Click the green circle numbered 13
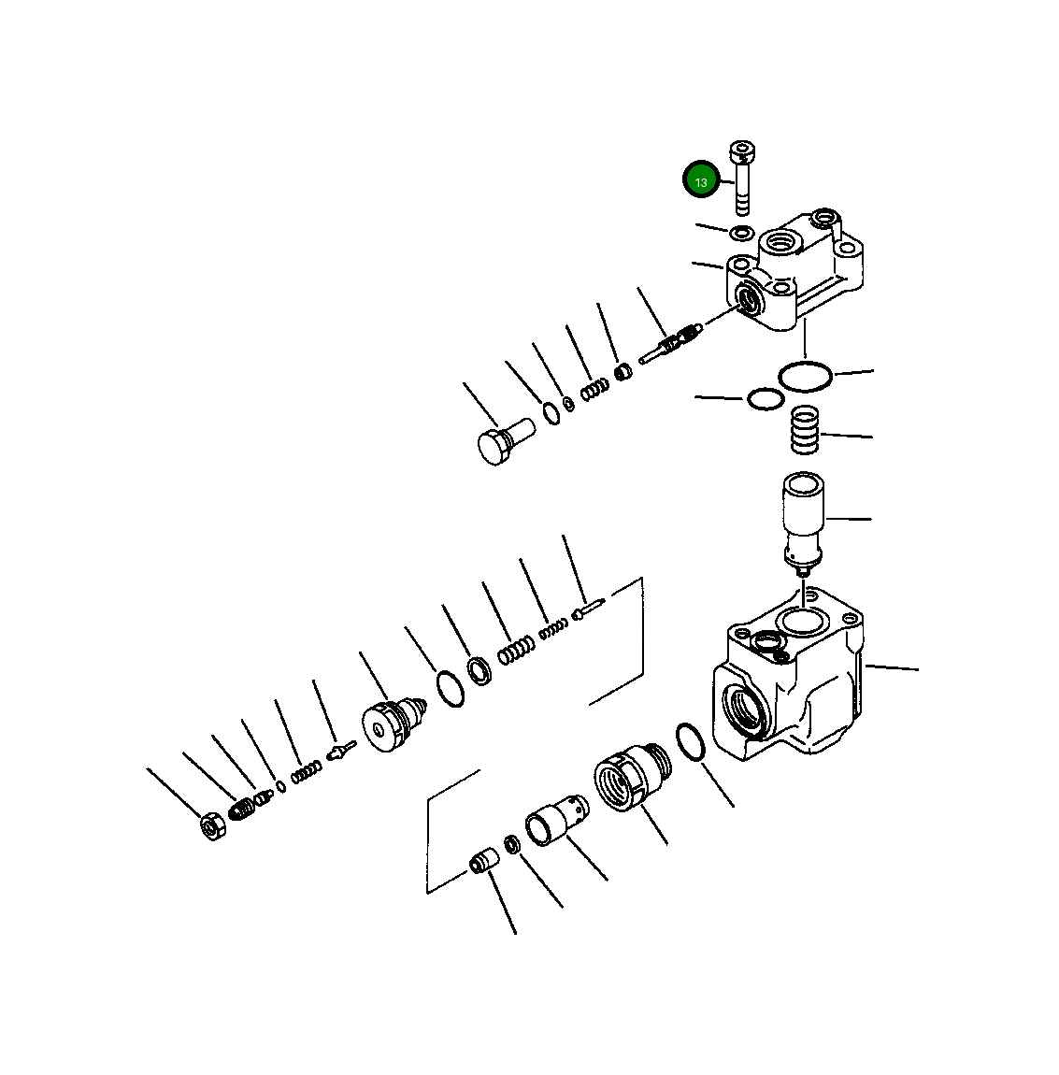click(700, 180)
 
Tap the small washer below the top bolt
click(741, 233)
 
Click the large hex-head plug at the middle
click(505, 441)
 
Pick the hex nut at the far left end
click(213, 825)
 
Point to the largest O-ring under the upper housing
click(806, 376)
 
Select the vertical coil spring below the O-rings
click(806, 431)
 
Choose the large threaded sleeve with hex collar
click(631, 777)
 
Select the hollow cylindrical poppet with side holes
click(556, 820)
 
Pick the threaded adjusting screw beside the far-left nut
click(241, 810)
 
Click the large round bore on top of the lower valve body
click(803, 622)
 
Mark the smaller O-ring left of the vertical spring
click(765, 399)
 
